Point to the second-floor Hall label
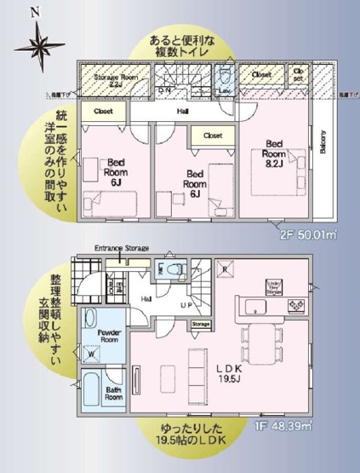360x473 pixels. click(182, 110)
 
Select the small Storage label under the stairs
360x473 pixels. click(200, 324)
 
